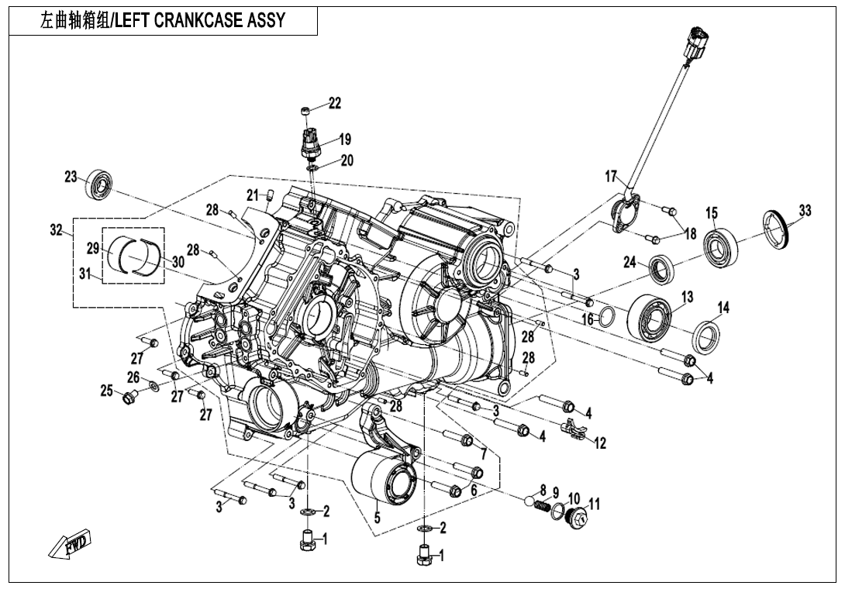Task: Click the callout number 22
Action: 334,103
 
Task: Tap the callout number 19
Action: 344,139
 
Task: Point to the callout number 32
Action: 55,230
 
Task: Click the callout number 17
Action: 611,177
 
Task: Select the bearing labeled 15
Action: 720,241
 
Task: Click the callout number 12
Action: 600,443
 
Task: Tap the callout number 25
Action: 107,391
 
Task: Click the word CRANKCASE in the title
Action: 202,21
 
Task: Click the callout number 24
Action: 630,263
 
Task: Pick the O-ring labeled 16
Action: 609,316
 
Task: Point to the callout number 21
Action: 253,195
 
